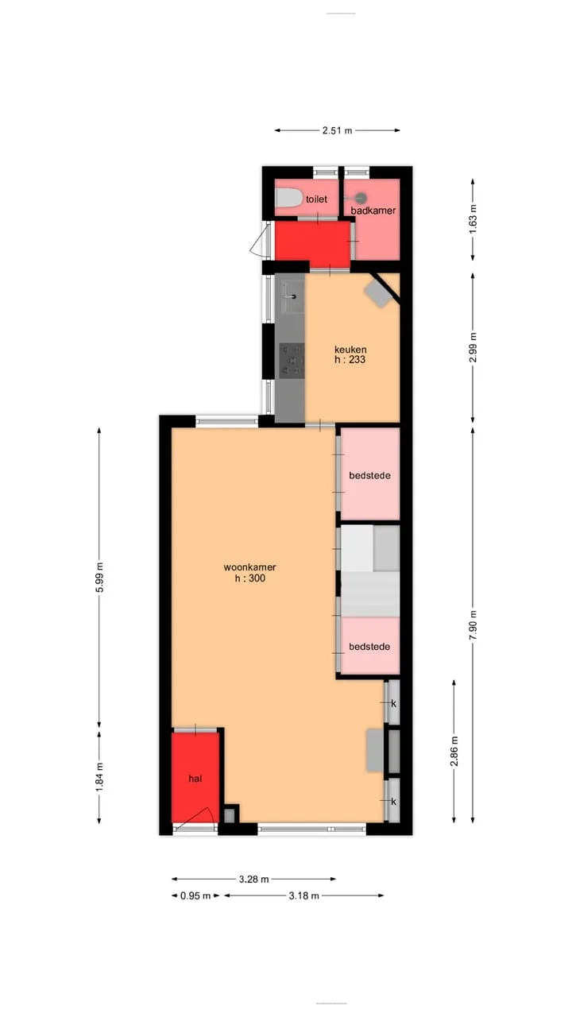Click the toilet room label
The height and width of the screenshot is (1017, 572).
(x=316, y=199)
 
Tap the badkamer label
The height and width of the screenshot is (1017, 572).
(x=373, y=211)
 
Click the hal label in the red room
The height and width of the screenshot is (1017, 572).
(x=195, y=779)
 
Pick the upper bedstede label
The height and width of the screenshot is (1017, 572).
(x=369, y=475)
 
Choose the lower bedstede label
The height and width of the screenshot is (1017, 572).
(x=369, y=647)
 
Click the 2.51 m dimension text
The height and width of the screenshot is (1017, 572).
(x=338, y=131)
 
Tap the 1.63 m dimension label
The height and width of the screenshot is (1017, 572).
(x=473, y=220)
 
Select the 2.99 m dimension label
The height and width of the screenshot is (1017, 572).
(x=473, y=348)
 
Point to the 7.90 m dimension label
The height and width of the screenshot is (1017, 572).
(x=473, y=625)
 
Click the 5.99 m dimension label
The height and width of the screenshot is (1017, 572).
(x=100, y=577)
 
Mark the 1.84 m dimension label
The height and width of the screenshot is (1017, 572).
(x=100, y=777)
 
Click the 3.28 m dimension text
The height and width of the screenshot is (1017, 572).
(x=254, y=880)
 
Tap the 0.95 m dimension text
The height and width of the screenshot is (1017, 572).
(x=195, y=895)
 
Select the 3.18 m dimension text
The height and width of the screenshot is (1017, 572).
(x=304, y=895)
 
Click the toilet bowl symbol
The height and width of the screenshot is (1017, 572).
(x=288, y=198)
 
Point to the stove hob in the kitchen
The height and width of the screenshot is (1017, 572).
(x=292, y=361)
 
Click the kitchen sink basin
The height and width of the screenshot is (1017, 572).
(x=293, y=297)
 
